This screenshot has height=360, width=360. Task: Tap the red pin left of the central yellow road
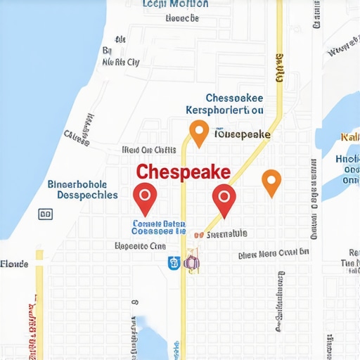point(145,198)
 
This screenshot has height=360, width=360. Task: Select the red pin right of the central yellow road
point(224,199)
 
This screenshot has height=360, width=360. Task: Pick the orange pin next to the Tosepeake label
point(199,132)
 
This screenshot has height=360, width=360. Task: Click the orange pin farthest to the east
point(271,181)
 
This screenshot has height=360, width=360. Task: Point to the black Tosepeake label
point(243,133)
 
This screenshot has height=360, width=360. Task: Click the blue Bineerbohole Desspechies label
point(82,189)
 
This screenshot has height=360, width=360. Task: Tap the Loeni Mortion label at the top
point(175,4)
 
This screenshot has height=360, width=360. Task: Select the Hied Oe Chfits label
point(149,149)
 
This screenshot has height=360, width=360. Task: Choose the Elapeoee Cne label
point(139,247)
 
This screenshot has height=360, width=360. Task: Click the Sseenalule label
point(225,233)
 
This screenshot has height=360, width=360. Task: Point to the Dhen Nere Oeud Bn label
point(274,253)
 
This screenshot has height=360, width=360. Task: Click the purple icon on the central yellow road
point(191,262)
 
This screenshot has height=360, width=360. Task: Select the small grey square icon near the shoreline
point(44,214)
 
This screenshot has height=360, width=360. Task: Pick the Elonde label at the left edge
point(14,264)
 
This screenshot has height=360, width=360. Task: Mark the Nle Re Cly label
point(121,62)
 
